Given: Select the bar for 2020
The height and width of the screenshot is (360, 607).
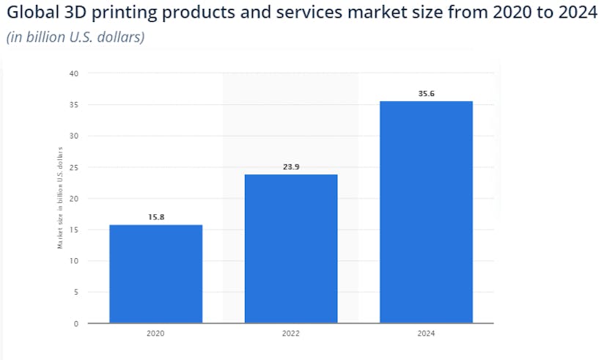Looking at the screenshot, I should (155, 273).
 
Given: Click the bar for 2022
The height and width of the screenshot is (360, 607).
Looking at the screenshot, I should (291, 249).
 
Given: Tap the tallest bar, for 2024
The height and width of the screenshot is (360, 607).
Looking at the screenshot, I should (426, 212).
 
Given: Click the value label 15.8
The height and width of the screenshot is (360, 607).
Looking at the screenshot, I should (155, 218).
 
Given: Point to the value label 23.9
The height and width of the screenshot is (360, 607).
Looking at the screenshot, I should (291, 167).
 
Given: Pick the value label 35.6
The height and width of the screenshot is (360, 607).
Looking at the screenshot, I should (426, 94).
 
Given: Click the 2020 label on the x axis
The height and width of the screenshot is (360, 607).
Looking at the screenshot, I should (155, 334).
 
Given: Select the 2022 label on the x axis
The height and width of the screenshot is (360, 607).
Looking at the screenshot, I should (291, 334).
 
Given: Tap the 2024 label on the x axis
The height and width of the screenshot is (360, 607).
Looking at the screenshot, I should (426, 334).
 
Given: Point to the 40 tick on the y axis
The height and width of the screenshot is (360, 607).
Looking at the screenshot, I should (74, 73).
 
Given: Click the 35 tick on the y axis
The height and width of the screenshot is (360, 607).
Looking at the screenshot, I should (74, 105).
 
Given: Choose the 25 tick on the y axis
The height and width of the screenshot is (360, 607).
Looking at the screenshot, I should (74, 167).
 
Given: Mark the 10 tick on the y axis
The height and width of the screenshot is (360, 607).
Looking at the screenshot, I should (74, 261).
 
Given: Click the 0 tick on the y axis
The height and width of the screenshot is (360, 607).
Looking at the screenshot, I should (76, 323).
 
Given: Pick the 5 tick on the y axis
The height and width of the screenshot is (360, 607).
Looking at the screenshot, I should (76, 292).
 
